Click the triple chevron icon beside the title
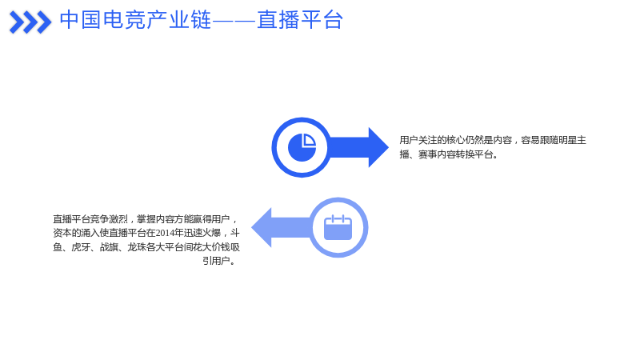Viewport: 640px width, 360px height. (30, 22)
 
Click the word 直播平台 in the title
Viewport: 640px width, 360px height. (300, 19)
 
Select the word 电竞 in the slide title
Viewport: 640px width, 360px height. (124, 19)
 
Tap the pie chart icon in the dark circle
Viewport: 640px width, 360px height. (302, 147)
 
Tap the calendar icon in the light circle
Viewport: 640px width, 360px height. (338, 227)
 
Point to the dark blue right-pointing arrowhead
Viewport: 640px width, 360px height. (378, 147)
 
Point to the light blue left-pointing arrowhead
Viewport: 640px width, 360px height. (262, 227)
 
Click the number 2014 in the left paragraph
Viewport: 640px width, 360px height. (165, 233)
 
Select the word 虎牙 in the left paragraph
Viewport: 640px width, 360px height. (81, 247)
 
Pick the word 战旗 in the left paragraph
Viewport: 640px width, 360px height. (109, 247)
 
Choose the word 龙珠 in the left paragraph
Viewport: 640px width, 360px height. (137, 247)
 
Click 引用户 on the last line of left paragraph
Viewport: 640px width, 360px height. (216, 261)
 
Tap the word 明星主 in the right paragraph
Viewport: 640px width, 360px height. (572, 140)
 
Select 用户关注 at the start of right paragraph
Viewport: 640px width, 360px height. (418, 140)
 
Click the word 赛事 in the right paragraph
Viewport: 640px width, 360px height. (427, 154)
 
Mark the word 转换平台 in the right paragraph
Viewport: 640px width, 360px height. (474, 154)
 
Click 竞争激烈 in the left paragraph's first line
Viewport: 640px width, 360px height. (109, 219)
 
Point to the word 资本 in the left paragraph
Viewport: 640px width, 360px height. (62, 233)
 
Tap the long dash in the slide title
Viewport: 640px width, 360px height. (234, 20)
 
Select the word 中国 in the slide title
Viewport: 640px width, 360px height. (81, 19)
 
